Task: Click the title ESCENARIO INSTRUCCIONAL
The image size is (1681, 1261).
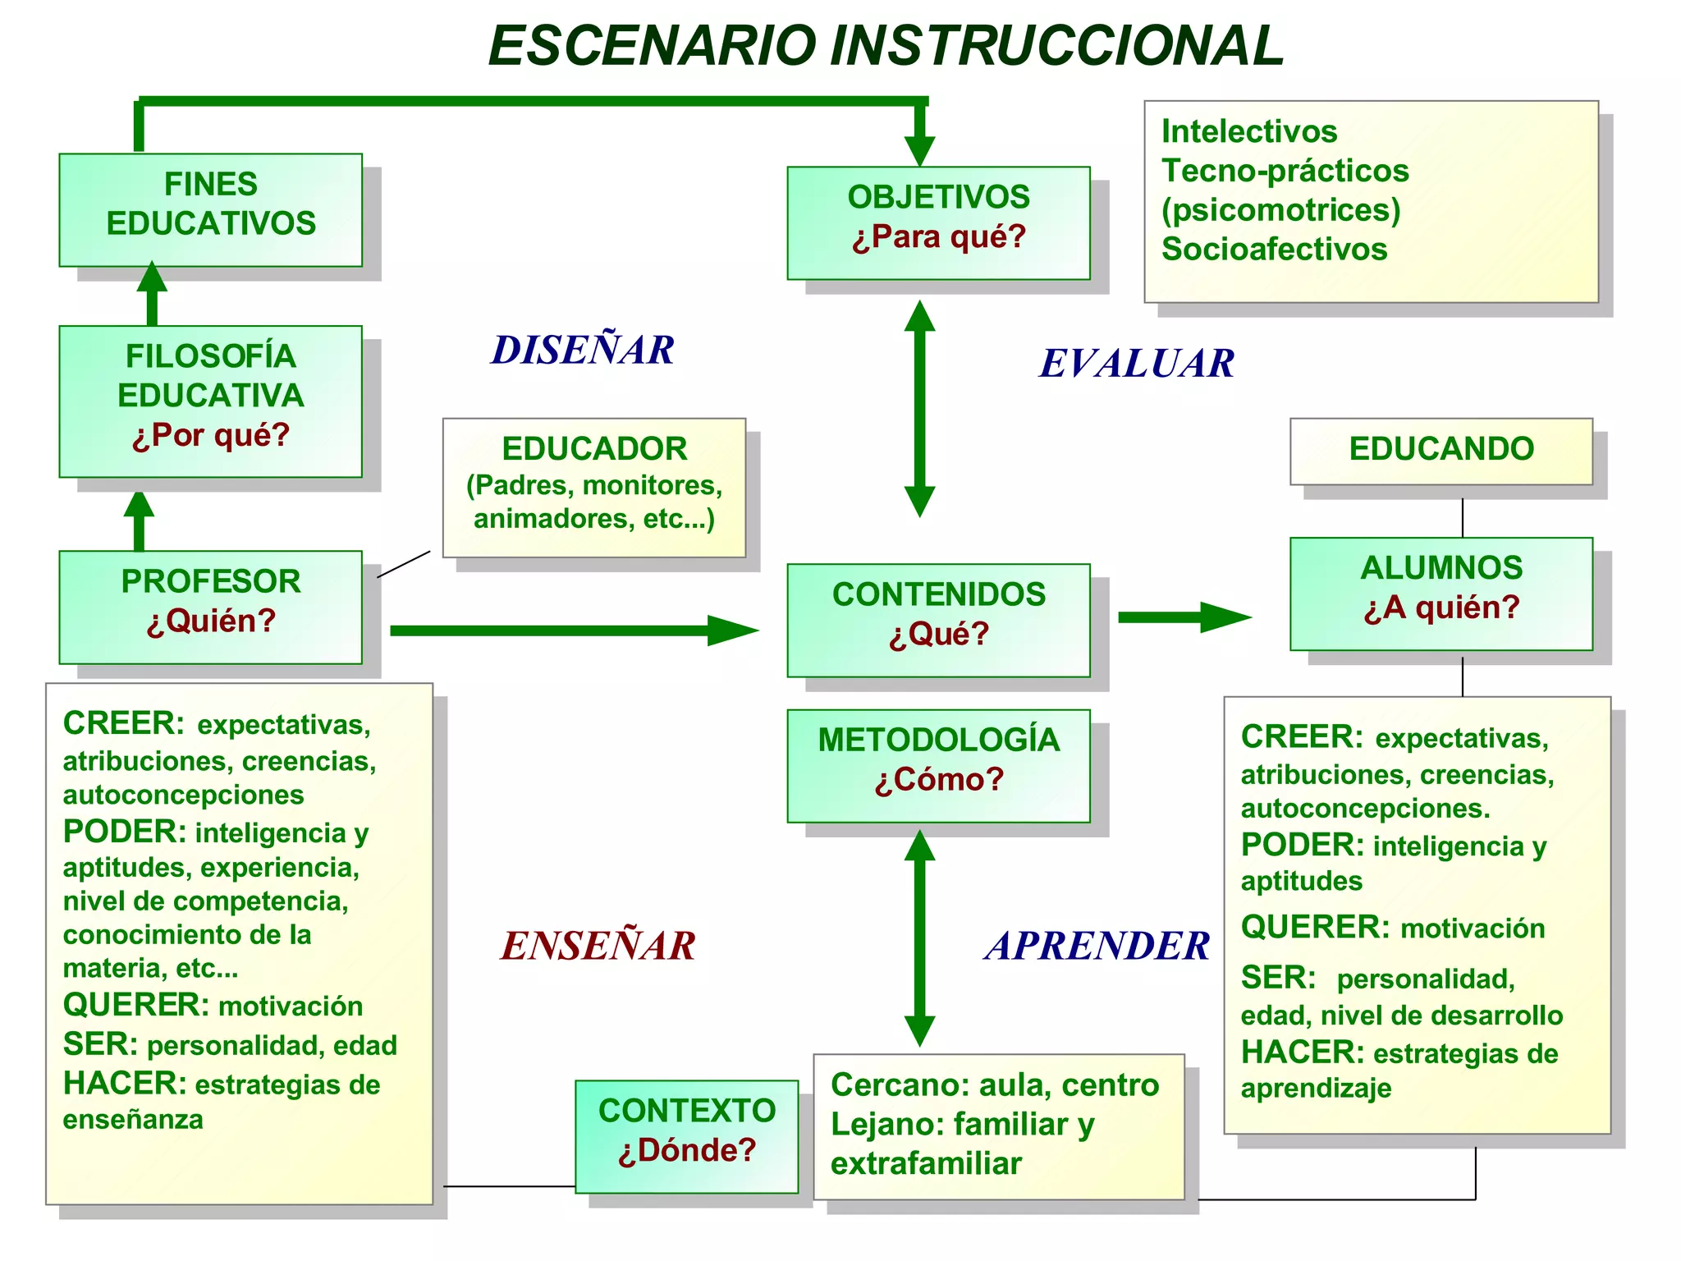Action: tap(886, 46)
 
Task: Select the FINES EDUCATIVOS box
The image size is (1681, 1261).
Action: tap(211, 209)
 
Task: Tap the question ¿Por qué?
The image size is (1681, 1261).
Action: tap(211, 435)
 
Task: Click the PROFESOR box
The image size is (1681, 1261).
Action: tap(211, 607)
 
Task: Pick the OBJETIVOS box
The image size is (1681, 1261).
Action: tap(938, 222)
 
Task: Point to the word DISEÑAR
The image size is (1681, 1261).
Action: tap(583, 351)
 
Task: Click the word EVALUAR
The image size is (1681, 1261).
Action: tap(1137, 364)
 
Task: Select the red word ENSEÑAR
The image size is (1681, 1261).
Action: tap(598, 946)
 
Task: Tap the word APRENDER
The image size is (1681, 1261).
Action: tap(1097, 946)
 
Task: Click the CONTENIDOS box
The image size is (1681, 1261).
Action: tap(938, 620)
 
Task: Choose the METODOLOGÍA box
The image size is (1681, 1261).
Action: tap(938, 765)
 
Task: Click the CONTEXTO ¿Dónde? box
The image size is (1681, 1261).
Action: tap(687, 1136)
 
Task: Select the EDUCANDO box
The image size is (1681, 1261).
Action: tap(1441, 451)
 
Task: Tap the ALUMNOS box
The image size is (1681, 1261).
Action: tap(1441, 594)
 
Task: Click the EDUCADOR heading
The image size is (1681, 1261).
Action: tap(594, 449)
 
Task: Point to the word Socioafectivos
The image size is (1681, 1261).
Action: tap(1274, 250)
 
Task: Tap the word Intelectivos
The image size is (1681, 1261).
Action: tap(1249, 131)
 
